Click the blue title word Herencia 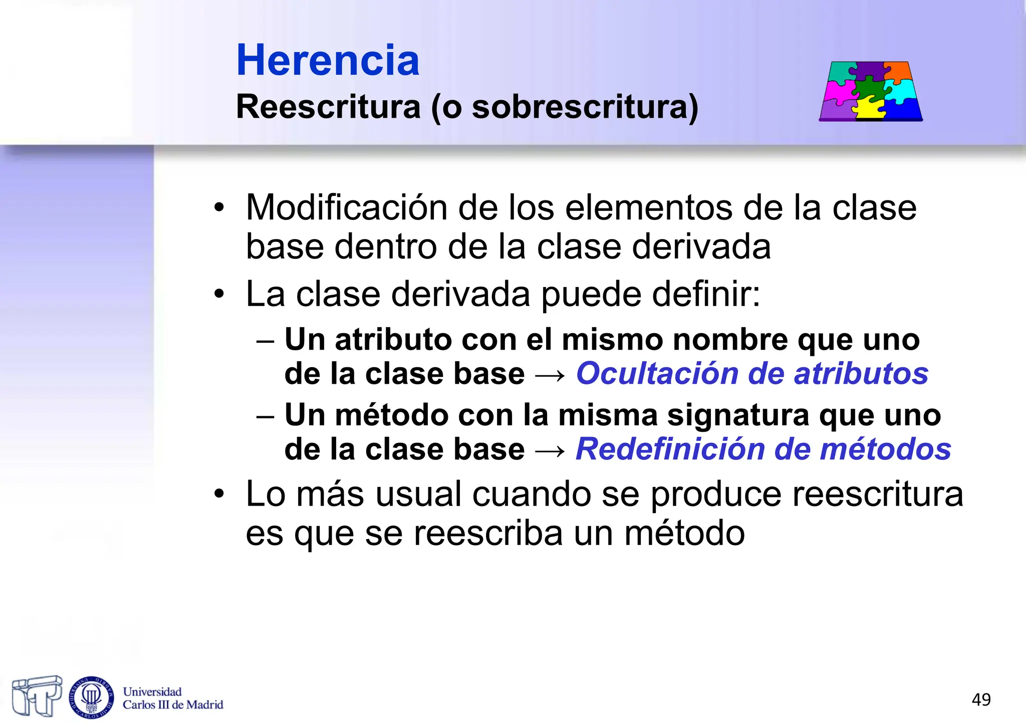click(x=328, y=61)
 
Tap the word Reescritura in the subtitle click(x=328, y=107)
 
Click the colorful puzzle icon click(x=871, y=91)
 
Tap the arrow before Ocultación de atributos click(x=550, y=375)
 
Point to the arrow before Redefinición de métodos click(x=550, y=450)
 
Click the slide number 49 click(x=981, y=699)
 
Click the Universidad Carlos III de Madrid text click(x=173, y=698)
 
